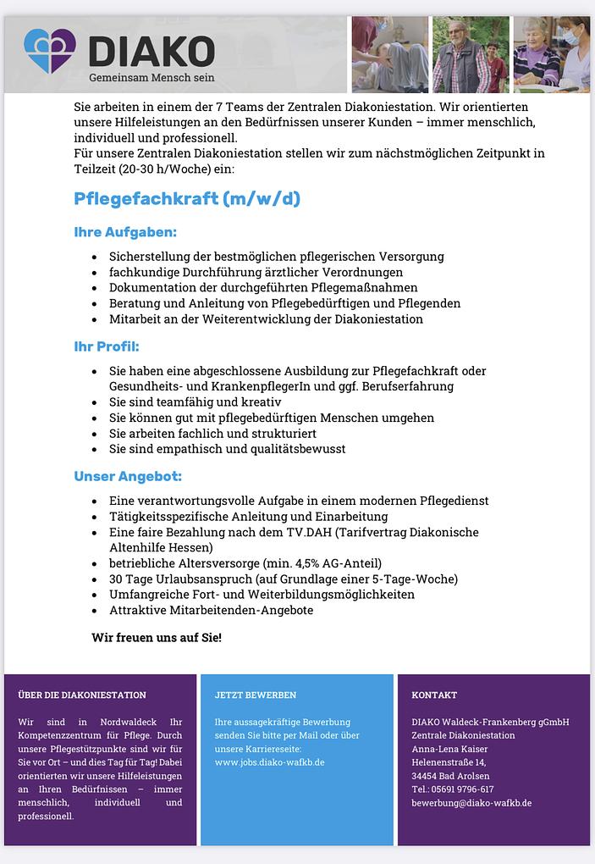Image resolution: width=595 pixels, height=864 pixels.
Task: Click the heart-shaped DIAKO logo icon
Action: coord(50,51)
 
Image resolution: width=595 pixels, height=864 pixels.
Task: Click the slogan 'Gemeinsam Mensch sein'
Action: coord(152,78)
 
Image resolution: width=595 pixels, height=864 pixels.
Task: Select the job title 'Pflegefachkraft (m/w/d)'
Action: coord(187,199)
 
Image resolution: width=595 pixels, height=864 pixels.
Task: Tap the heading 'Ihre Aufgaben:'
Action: coord(125,232)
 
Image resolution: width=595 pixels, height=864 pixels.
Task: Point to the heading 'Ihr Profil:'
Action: coord(107,346)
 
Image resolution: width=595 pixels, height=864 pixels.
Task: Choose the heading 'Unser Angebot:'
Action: coord(128,477)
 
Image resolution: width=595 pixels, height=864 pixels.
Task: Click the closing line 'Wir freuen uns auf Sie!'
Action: coord(157,636)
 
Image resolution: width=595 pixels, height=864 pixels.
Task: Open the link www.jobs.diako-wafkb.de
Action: coord(270,762)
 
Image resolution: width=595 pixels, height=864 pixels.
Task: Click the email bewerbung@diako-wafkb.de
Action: coord(471,803)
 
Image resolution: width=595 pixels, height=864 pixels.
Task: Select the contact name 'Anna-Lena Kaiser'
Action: coord(449,749)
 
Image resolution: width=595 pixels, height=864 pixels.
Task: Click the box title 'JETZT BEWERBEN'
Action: coord(256,695)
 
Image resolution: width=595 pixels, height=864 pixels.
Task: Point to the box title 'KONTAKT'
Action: coord(434,695)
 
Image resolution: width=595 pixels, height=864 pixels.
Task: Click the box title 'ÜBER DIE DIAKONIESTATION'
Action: coord(82,695)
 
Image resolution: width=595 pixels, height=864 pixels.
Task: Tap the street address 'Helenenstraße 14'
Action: coord(449,762)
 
